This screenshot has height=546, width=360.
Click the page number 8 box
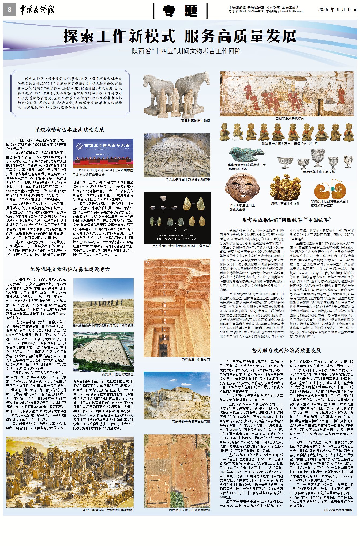[9, 10]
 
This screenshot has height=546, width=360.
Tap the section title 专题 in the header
[180, 11]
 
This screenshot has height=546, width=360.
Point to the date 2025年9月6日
[337, 10]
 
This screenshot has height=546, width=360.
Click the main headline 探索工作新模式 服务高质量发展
[180, 36]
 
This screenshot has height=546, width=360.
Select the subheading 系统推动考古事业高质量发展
[70, 130]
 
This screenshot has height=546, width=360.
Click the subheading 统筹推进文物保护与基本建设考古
[70, 269]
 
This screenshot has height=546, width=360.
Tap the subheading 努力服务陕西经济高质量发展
[287, 351]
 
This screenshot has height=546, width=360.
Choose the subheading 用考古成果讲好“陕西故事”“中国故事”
[287, 220]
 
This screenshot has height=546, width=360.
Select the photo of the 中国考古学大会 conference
[103, 153]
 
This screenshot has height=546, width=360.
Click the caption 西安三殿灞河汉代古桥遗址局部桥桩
[108, 510]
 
